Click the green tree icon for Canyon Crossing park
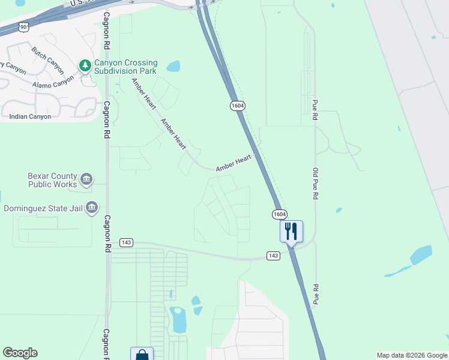[x=86, y=65]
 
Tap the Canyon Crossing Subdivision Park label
[x=125, y=67]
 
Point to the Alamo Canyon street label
[x=53, y=81]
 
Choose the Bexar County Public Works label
[x=53, y=180]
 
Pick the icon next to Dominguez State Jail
[x=91, y=208]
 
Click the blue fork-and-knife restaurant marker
[x=291, y=230]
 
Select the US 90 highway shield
[x=23, y=27]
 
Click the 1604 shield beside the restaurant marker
[x=279, y=214]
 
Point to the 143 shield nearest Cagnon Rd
[x=126, y=242]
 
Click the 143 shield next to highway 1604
[x=274, y=256]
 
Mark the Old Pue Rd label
[x=315, y=184]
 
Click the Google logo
[x=20, y=353]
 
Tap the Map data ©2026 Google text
[x=411, y=355]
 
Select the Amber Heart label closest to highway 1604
[x=234, y=163]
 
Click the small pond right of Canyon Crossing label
[x=173, y=66]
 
